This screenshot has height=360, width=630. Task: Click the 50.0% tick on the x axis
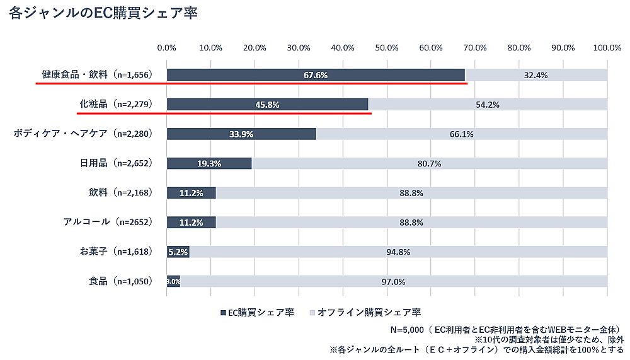pos(387,47)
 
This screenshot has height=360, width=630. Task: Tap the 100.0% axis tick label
pos(607,47)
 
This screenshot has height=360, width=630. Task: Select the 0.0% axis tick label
pos(167,47)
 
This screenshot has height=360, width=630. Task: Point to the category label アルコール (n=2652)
pos(108,222)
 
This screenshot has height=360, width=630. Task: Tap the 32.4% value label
pos(535,75)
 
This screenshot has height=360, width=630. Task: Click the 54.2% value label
pos(488,105)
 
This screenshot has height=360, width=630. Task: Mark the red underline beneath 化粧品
pos(224,113)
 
